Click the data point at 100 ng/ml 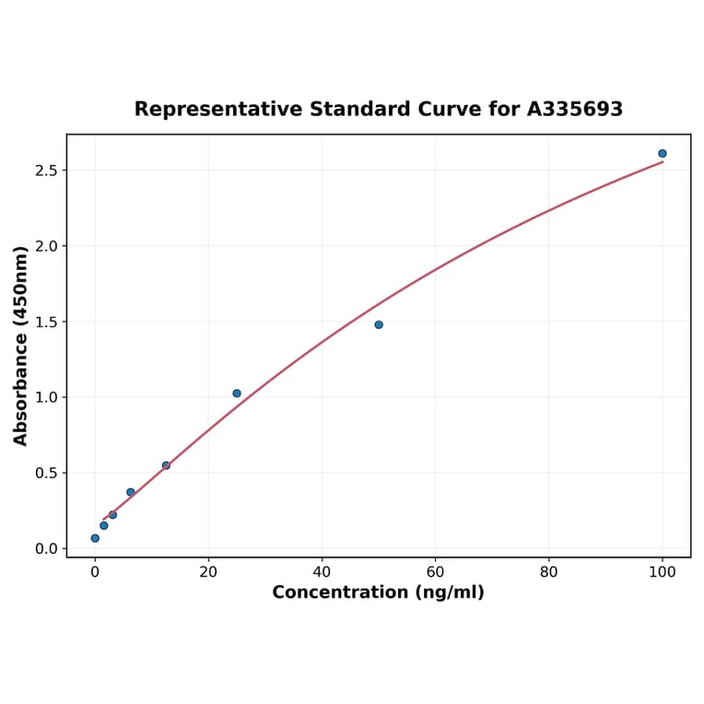pyautogui.click(x=663, y=154)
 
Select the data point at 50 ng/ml pyautogui.click(x=379, y=324)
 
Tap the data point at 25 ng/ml pyautogui.click(x=237, y=393)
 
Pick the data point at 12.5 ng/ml pyautogui.click(x=166, y=465)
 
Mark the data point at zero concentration pyautogui.click(x=95, y=538)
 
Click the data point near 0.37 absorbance pyautogui.click(x=131, y=492)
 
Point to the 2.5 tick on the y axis pyautogui.click(x=47, y=170)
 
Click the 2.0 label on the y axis pyautogui.click(x=47, y=246)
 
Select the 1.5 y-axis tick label pyautogui.click(x=47, y=322)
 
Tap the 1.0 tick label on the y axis pyautogui.click(x=47, y=397)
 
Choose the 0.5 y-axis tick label pyautogui.click(x=47, y=473)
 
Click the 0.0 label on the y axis pyautogui.click(x=47, y=548)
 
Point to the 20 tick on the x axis pyautogui.click(x=208, y=571)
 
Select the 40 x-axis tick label pyautogui.click(x=322, y=571)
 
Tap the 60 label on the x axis pyautogui.click(x=436, y=571)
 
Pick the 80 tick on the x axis pyautogui.click(x=549, y=571)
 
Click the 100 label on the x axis pyautogui.click(x=663, y=571)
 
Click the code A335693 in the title pyautogui.click(x=575, y=110)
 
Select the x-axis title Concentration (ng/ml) pyautogui.click(x=378, y=593)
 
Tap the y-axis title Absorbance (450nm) pyautogui.click(x=21, y=346)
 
